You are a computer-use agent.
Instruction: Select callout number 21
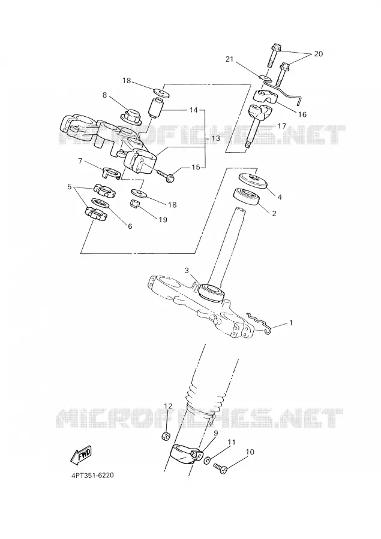click(x=229, y=59)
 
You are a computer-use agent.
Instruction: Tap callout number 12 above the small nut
click(x=168, y=406)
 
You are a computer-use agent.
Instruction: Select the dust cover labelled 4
click(x=253, y=181)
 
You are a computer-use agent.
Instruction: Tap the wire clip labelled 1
click(x=260, y=323)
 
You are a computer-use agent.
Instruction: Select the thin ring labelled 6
click(x=101, y=203)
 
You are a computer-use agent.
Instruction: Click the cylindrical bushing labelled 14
click(x=157, y=107)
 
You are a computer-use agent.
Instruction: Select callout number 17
click(x=281, y=126)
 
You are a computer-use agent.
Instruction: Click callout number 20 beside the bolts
click(x=319, y=54)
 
